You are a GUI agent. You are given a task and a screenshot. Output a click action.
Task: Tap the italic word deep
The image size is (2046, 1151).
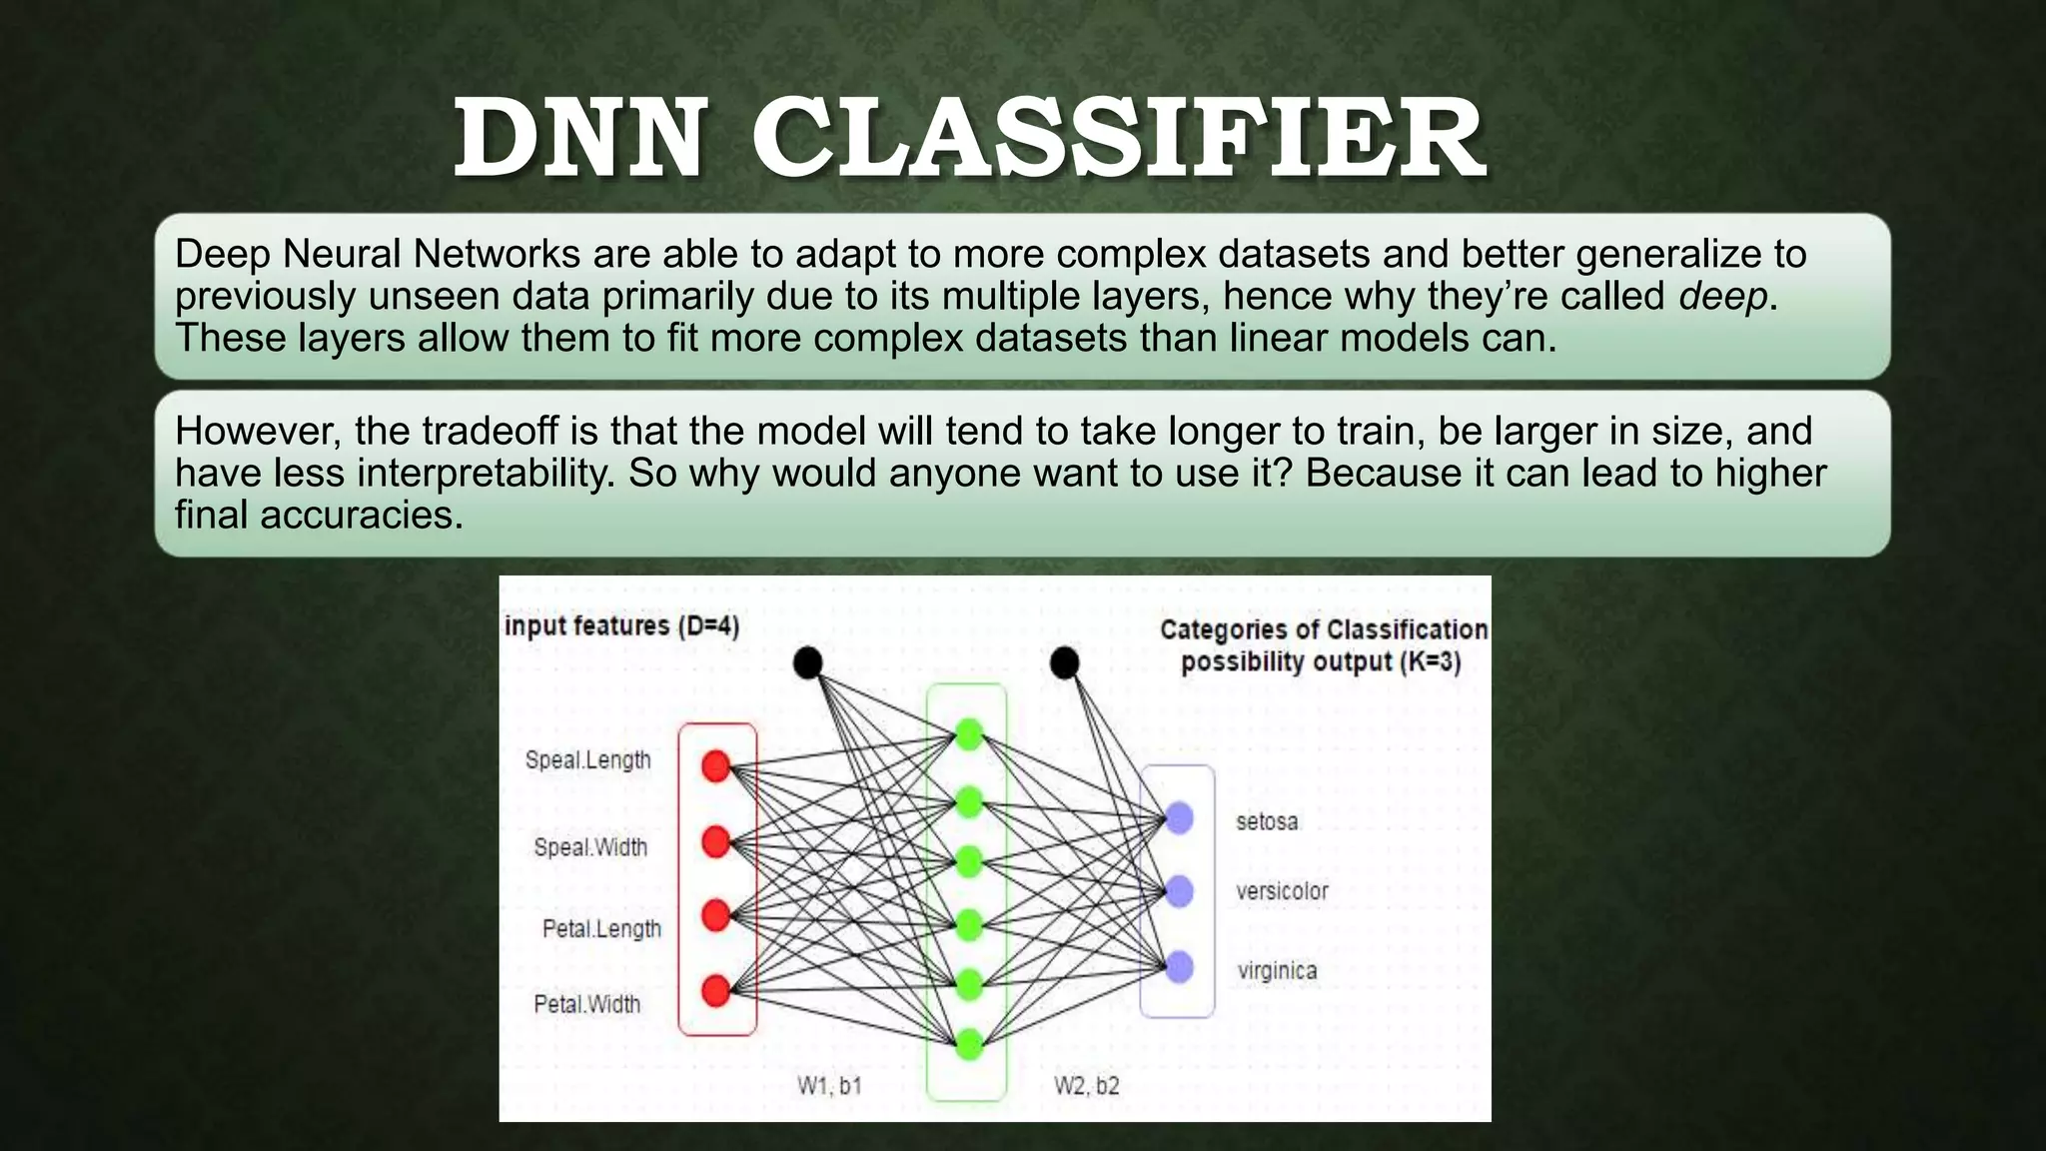tap(1722, 297)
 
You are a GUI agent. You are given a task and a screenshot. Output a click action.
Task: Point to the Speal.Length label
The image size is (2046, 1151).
tap(587, 760)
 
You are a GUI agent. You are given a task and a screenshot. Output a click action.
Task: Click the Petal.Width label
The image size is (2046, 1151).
tap(586, 1004)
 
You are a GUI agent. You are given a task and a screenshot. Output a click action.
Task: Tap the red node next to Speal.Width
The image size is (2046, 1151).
tap(716, 842)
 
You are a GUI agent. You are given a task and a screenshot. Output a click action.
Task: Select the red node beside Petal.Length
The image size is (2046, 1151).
tap(716, 915)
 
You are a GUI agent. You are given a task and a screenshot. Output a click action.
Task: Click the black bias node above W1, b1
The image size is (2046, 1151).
tap(807, 662)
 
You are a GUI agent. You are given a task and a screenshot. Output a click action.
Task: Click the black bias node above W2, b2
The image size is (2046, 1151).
tap(1065, 662)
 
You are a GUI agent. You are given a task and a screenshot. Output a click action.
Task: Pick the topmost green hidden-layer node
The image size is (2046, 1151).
tap(969, 734)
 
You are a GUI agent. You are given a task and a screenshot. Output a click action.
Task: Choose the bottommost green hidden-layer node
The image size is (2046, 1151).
tap(969, 1045)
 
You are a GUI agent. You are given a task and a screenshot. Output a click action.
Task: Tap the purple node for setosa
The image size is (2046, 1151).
tap(1180, 818)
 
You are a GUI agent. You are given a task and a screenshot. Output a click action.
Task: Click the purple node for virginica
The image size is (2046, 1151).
tap(1180, 967)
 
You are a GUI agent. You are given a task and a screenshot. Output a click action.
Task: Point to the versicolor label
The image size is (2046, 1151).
tap(1282, 891)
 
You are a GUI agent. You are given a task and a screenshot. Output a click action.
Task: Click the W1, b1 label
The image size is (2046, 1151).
tap(829, 1086)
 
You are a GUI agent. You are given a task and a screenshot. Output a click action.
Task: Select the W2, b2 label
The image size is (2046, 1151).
tap(1087, 1086)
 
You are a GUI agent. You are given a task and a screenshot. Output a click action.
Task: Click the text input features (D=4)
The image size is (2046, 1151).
tap(621, 626)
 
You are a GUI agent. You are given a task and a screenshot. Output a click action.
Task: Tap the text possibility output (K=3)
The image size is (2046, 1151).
tap(1321, 662)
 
